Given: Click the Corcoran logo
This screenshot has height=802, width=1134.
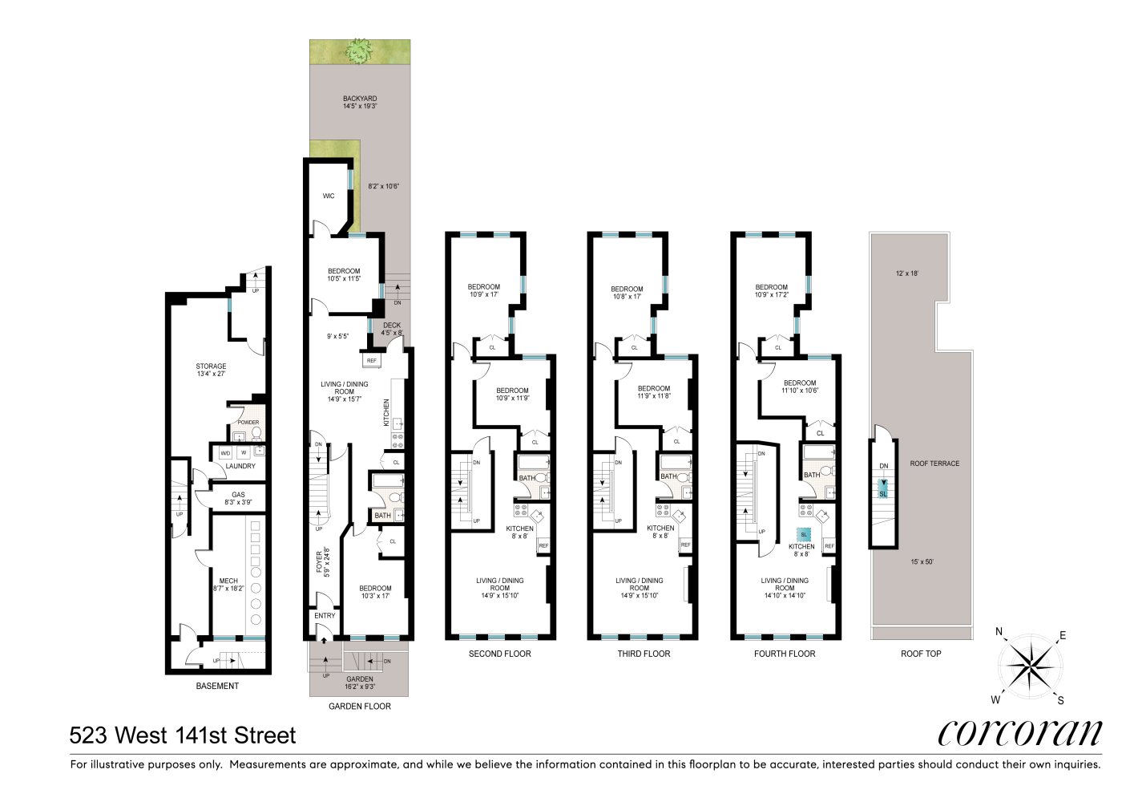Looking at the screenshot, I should click(x=1019, y=731).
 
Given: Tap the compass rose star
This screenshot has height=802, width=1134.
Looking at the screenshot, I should click(x=1030, y=665).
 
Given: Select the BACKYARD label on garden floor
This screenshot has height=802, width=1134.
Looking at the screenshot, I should click(x=360, y=99).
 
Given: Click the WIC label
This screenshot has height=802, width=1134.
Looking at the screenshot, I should click(x=329, y=196).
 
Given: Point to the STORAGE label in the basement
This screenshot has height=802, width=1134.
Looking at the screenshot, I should click(x=211, y=367).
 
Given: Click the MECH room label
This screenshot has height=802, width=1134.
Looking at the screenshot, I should click(x=228, y=581).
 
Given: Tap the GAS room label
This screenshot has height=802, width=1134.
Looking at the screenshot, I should click(x=238, y=495).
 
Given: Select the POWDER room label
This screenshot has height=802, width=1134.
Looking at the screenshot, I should click(x=248, y=423).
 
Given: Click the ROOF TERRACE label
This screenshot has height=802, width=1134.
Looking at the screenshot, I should click(x=934, y=464).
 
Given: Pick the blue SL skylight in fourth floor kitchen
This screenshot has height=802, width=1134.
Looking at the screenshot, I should click(x=804, y=534).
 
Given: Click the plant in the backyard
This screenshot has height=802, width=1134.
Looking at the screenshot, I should click(x=359, y=52).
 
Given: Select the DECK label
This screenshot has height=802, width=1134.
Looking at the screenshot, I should click(x=392, y=326).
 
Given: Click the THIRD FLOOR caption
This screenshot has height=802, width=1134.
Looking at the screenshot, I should click(x=644, y=654).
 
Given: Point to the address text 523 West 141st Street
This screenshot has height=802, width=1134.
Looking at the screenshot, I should click(x=183, y=735).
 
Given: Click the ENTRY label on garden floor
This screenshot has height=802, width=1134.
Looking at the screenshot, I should click(x=325, y=616).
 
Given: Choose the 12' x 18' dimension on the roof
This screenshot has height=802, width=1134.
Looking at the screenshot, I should click(x=907, y=273).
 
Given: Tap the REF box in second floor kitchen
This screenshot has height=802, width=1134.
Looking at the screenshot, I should click(x=543, y=546).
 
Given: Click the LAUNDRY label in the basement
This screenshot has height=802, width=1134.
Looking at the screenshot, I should click(x=240, y=466).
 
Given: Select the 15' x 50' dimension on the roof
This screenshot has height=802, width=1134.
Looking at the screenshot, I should click(x=922, y=561).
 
